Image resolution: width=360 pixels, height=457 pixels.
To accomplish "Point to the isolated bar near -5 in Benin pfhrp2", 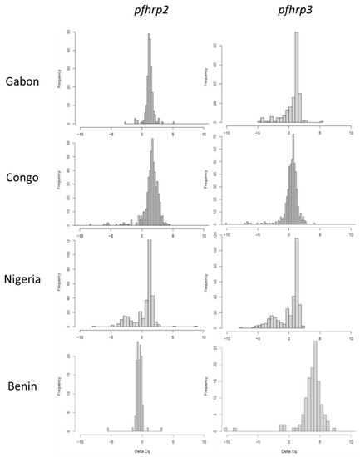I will (x=108, y=430).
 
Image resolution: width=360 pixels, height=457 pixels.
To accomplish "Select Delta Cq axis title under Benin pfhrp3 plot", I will (x=288, y=450).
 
